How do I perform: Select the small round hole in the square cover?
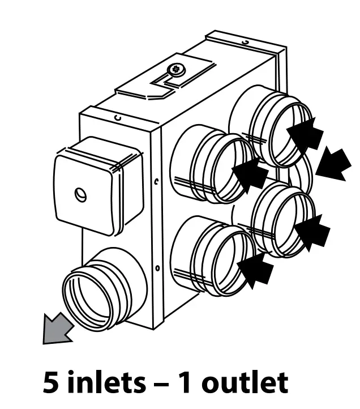pyautogui.click(x=79, y=195)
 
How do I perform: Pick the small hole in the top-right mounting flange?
pyautogui.click(x=245, y=43)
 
